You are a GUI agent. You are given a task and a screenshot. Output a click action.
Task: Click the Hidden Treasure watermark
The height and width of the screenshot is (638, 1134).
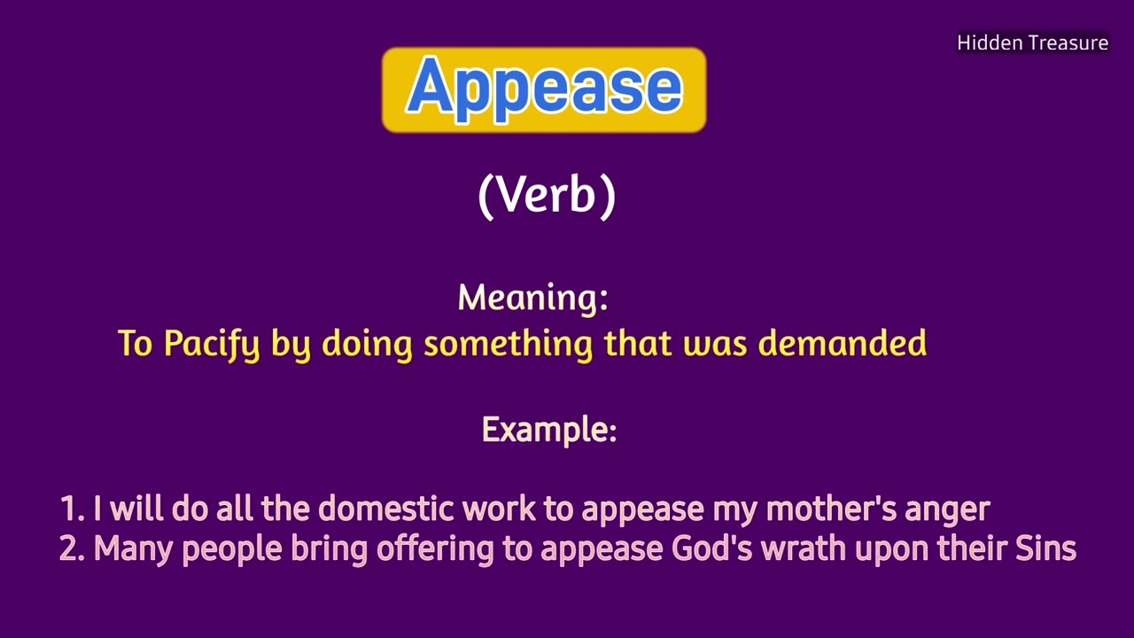pyautogui.click(x=1032, y=43)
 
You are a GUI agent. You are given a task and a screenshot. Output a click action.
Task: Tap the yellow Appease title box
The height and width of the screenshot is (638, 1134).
pyautogui.click(x=544, y=90)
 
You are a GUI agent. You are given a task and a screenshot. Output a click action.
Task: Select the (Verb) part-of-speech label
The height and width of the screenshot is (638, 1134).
pyautogui.click(x=546, y=195)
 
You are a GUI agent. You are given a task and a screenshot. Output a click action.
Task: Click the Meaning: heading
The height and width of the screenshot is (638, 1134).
pyautogui.click(x=532, y=298)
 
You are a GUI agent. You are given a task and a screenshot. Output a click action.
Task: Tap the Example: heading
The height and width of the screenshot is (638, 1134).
pyautogui.click(x=548, y=430)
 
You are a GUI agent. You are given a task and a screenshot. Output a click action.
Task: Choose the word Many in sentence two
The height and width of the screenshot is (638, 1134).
pyautogui.click(x=133, y=549)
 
